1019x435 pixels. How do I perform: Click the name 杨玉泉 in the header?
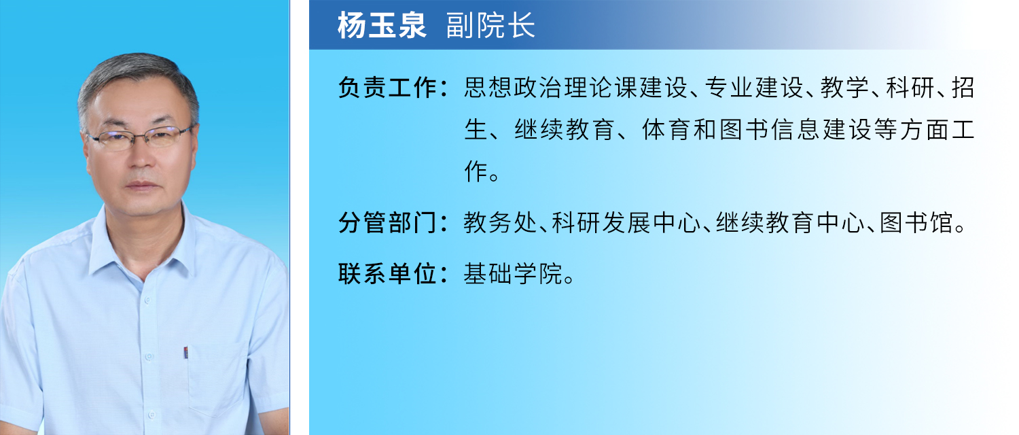coord(382,25)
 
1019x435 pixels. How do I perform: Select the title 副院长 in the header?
coord(490,25)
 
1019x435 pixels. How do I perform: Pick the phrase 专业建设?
coord(754,88)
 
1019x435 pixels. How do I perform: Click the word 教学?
coord(844,88)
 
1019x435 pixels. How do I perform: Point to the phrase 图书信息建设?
coord(795,130)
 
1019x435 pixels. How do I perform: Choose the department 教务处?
coord(501,223)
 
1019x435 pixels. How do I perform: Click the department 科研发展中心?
coord(626,223)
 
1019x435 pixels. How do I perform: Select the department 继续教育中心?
coord(790,223)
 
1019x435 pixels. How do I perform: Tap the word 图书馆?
coord(916,223)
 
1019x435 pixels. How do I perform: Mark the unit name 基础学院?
coord(513,274)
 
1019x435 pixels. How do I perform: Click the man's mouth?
coord(142,186)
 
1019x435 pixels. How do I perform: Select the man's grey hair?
coord(137,73)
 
